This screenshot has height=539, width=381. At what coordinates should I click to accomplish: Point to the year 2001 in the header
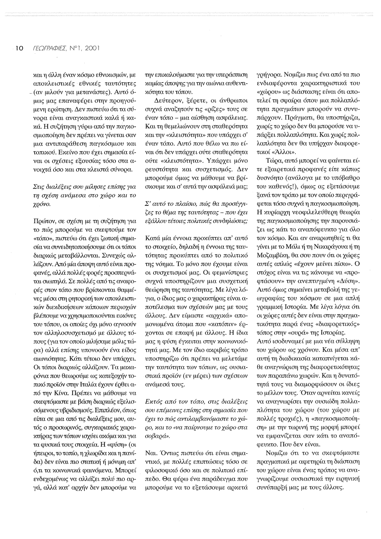tap(91, 49)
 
